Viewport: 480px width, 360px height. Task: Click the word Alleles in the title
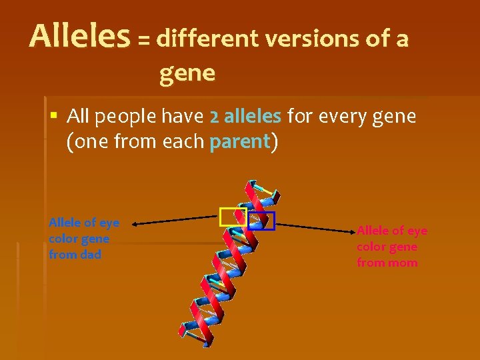(79, 37)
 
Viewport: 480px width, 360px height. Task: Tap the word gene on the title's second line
(187, 73)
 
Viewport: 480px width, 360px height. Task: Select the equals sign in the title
(143, 41)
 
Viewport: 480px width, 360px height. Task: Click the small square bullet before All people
(54, 117)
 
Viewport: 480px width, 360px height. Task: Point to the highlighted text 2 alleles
(245, 117)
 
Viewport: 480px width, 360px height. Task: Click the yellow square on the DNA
(233, 217)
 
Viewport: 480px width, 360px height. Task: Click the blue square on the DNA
(261, 221)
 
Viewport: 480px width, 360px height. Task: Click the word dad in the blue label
(89, 255)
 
